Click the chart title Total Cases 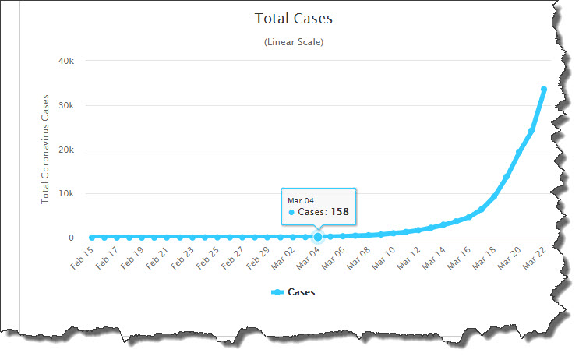[x=293, y=18]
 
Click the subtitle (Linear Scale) [x=293, y=42]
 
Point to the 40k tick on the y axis [x=65, y=61]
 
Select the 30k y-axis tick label [x=65, y=105]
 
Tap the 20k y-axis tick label [x=65, y=150]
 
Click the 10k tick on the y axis [x=65, y=194]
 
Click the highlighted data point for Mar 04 [x=318, y=237]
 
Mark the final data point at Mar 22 [x=543, y=90]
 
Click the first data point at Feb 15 [x=92, y=238]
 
